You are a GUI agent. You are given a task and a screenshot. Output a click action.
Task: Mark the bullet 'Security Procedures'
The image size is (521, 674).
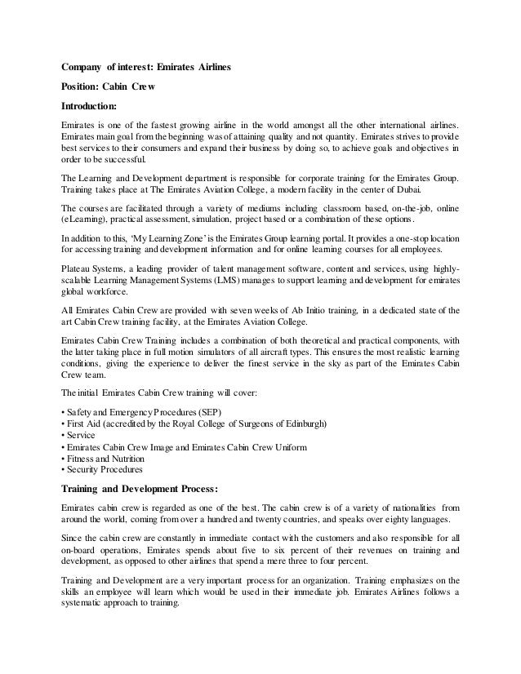coord(105,469)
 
